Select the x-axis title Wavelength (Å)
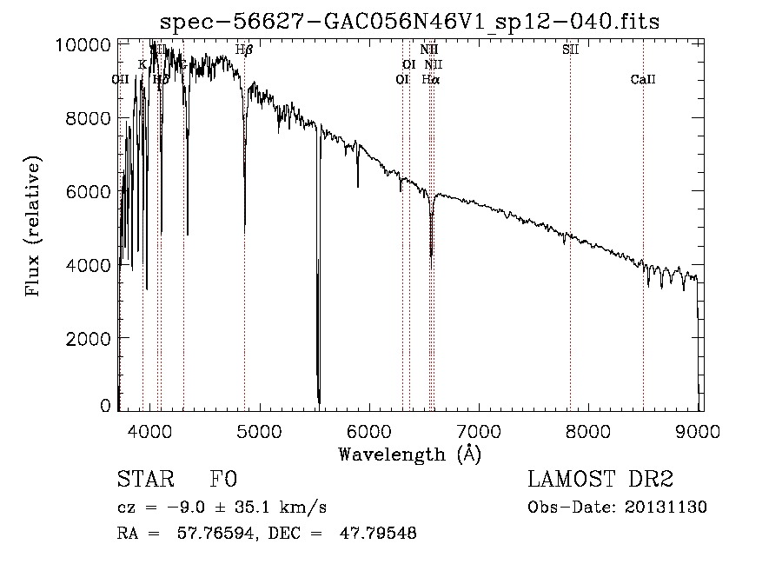[x=409, y=454]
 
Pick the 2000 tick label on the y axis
[x=89, y=338]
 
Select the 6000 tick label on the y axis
[x=89, y=191]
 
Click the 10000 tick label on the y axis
[x=84, y=44]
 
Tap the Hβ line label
[x=244, y=50]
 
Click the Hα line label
[x=430, y=79]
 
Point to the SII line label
[x=570, y=50]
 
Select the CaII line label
[x=643, y=79]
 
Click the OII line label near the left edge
[x=121, y=79]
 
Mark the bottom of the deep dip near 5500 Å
[x=319, y=402]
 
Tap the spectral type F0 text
[x=223, y=480]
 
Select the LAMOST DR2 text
[x=600, y=480]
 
